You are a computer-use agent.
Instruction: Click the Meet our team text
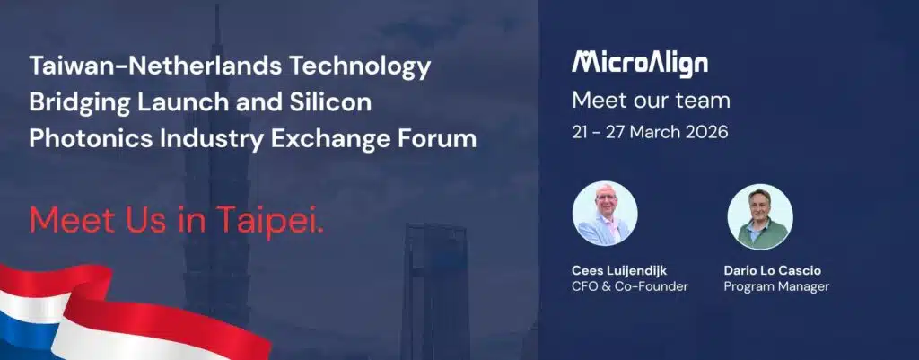652,101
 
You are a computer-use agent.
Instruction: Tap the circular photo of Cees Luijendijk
605,214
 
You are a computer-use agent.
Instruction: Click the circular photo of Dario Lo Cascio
760,216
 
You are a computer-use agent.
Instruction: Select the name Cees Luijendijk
619,271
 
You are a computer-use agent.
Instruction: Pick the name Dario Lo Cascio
773,271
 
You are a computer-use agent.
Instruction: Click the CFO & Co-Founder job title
629,286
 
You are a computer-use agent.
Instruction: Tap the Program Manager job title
776,287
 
